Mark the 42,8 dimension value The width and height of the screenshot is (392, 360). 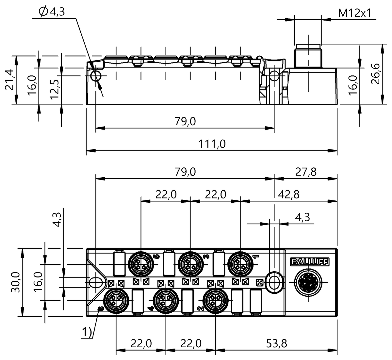[x=288, y=195]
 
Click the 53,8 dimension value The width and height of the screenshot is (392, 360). [x=276, y=343]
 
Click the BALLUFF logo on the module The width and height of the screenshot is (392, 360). [x=309, y=261]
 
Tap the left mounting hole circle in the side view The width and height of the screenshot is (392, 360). [x=96, y=77]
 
